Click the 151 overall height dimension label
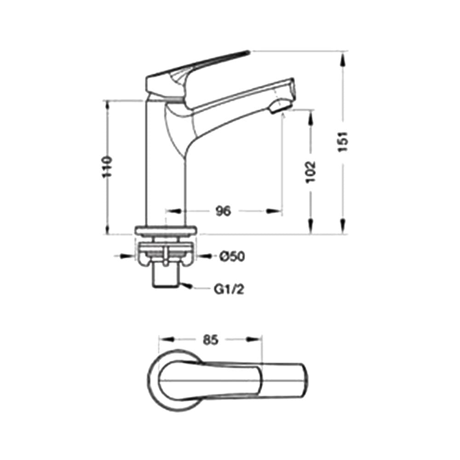[343, 142]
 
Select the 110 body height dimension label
[107, 167]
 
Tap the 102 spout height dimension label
[310, 172]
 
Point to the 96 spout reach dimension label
[223, 211]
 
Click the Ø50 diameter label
[232, 257]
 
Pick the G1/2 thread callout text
[229, 289]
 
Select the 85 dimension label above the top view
[211, 340]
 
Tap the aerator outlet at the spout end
[280, 107]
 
